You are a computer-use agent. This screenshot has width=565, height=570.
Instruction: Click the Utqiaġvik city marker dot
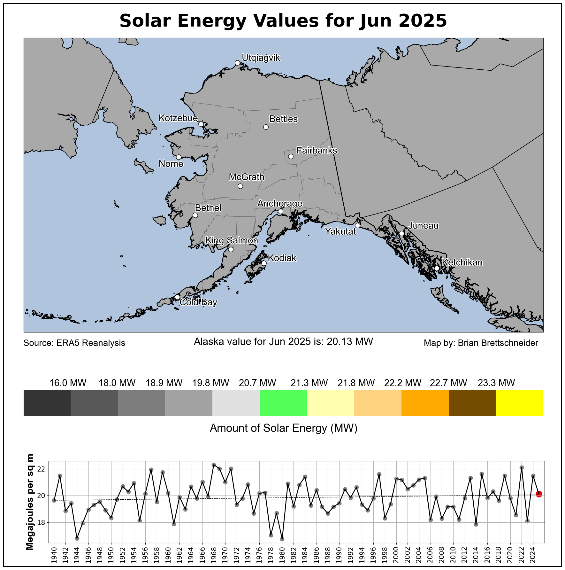pos(237,63)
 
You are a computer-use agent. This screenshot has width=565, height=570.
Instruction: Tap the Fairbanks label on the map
pos(317,150)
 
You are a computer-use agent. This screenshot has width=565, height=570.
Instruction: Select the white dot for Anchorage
pos(280,211)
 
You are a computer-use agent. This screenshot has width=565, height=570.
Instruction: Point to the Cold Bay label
pos(198,302)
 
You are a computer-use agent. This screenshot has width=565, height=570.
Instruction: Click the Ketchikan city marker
pos(437,268)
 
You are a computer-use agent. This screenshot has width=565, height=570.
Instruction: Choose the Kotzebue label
pos(178,118)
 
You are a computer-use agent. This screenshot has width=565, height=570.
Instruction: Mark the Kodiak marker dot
pos(264,263)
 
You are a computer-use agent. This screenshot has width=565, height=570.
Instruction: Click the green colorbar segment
pos(283,403)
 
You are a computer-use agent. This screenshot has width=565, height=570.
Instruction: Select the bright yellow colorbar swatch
pos(520,403)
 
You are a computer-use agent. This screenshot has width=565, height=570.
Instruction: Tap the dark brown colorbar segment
pos(472,403)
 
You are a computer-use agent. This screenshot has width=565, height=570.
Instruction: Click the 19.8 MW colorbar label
pos(211,383)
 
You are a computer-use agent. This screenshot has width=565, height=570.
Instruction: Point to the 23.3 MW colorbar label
pos(496,383)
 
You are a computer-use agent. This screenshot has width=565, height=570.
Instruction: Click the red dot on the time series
pos(539,494)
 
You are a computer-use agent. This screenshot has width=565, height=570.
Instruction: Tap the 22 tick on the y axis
pos(41,469)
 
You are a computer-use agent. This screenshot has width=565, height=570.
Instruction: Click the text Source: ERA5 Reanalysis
pos(74,343)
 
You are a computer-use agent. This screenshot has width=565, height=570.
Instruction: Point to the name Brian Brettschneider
pos(498,343)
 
